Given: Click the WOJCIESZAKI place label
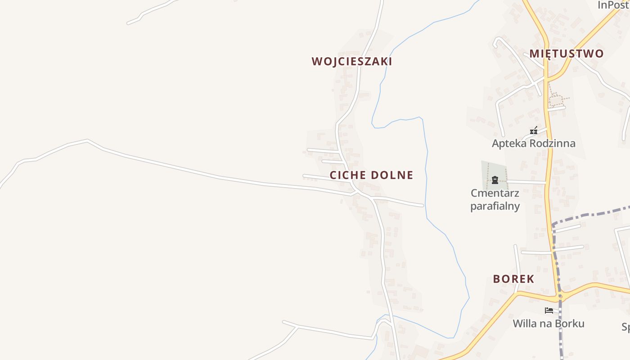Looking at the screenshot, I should [x=352, y=62].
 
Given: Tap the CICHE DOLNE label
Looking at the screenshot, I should [x=371, y=175].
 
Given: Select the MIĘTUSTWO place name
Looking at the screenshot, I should [x=566, y=54].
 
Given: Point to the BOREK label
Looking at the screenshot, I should [x=513, y=279].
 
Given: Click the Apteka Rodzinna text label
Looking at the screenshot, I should [x=533, y=144].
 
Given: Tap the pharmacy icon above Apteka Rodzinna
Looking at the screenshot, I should [x=534, y=131].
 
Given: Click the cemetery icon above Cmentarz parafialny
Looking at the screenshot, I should [x=495, y=180].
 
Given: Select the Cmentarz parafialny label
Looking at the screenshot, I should [x=495, y=199].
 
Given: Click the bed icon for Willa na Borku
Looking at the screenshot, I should [x=549, y=310].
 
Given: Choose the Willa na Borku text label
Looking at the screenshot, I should [x=549, y=324].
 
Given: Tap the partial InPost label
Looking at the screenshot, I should [x=613, y=5].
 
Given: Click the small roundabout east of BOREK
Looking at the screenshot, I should [x=560, y=297].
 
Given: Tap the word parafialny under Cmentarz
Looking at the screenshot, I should [x=495, y=206].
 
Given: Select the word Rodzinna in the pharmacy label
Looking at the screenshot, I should [x=553, y=144].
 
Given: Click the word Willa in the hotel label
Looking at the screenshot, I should [x=524, y=324].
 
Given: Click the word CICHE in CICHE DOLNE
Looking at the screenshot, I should [x=346, y=175].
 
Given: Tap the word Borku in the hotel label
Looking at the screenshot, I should [x=570, y=324].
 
